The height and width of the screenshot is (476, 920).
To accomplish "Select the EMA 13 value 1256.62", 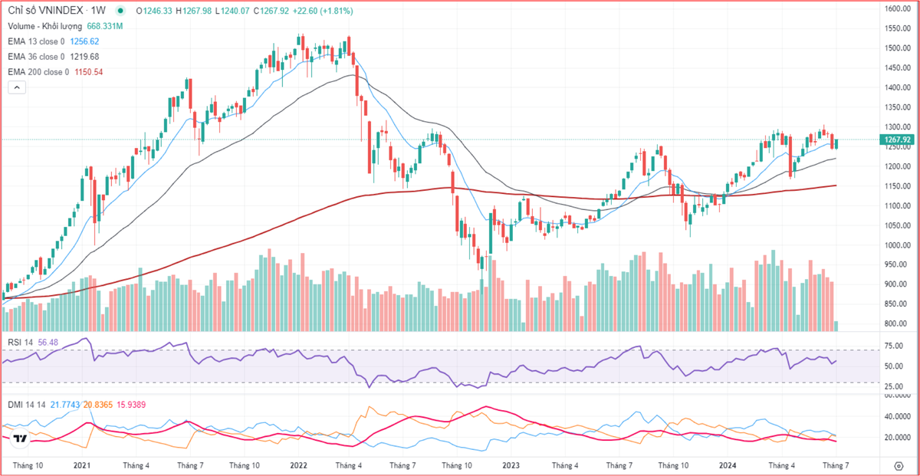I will click(x=84, y=41).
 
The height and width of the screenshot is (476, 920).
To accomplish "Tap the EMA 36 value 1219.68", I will click(x=84, y=57).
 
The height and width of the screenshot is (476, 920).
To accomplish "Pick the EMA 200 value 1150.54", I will click(x=88, y=72).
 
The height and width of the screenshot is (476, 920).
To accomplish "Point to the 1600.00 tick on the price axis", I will click(x=895, y=9).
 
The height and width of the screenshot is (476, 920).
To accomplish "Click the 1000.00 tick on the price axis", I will click(x=895, y=245).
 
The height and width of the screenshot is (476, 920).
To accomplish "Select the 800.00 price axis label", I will click(x=894, y=324).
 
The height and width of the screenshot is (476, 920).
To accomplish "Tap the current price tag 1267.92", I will click(x=896, y=140).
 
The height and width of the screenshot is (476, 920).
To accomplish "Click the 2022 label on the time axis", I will click(x=298, y=465).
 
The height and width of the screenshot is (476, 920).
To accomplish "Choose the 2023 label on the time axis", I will click(x=511, y=465).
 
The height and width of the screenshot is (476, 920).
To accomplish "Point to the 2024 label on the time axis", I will click(x=728, y=465).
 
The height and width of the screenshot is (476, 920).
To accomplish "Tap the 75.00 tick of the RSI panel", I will click(x=893, y=346).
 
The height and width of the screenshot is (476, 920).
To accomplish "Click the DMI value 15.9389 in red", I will click(x=135, y=404).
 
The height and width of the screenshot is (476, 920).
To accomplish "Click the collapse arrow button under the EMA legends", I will click(x=17, y=87).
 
